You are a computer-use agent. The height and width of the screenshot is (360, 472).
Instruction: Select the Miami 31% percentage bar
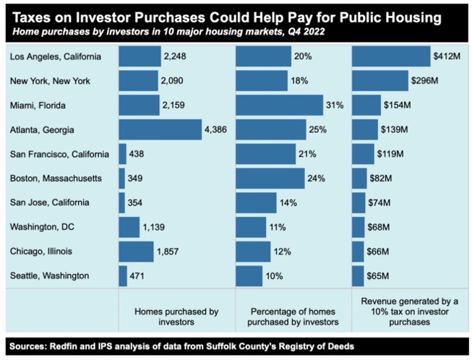(279, 106)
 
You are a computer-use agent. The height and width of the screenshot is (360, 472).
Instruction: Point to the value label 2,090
(175, 81)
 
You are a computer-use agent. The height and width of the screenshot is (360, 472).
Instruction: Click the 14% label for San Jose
(289, 203)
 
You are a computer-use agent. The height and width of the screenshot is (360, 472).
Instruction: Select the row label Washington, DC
(40, 227)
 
